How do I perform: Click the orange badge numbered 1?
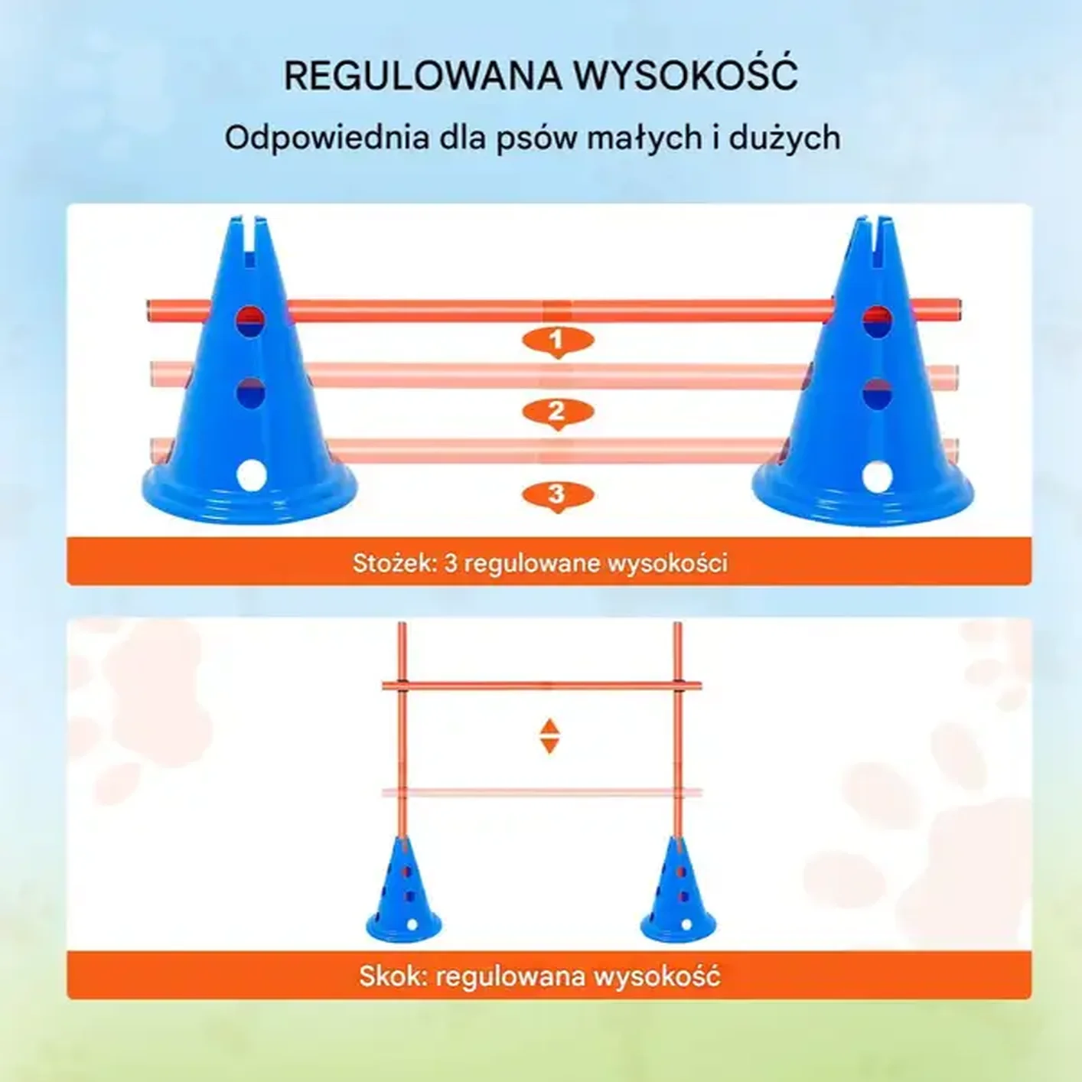point(557,340)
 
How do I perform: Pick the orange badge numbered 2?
point(557,412)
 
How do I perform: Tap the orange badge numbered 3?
point(557,495)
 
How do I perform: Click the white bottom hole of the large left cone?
point(251,475)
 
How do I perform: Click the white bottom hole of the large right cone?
point(877,477)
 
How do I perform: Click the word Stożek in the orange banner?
point(394,563)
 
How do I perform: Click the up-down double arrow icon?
point(549,736)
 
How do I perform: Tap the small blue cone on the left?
point(403,891)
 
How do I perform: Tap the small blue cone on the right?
point(678,891)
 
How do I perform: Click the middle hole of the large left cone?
point(250,393)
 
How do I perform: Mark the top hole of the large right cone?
point(877,322)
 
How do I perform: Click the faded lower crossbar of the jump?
point(542,793)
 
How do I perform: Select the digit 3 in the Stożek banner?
point(451,563)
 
